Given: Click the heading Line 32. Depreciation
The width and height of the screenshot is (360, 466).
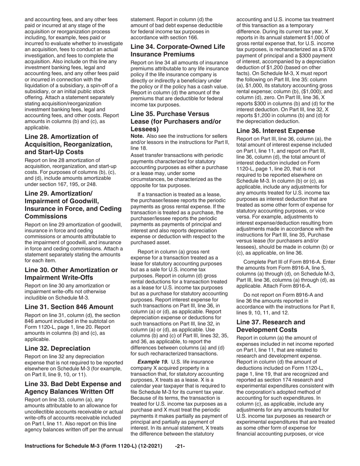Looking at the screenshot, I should point(57,348).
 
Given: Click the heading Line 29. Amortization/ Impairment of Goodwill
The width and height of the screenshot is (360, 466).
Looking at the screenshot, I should point(73,201).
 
